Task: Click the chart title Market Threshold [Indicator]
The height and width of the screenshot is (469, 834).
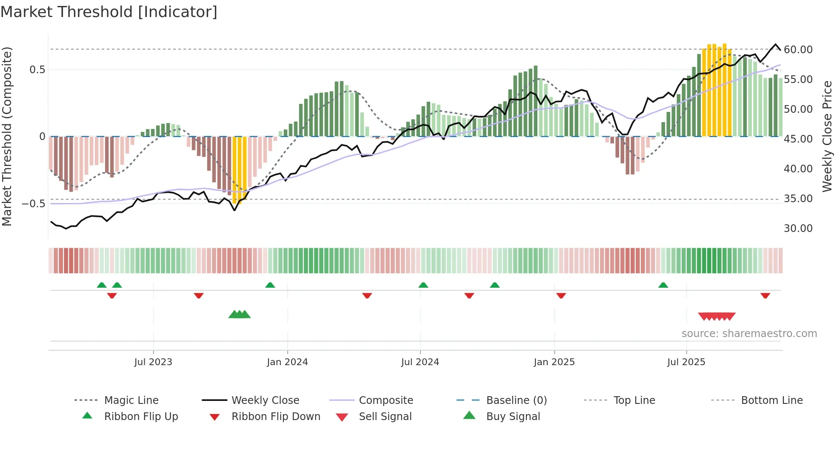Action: [x=109, y=12]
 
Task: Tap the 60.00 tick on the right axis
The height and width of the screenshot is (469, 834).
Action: [x=798, y=50]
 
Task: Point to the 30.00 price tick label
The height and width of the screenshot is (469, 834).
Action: [x=798, y=229]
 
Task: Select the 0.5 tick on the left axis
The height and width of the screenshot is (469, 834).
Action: [x=37, y=70]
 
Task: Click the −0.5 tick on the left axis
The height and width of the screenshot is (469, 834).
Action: [x=34, y=204]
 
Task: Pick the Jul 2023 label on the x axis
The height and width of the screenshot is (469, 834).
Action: [x=153, y=362]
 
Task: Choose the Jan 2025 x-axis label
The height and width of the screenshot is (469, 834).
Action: [x=554, y=362]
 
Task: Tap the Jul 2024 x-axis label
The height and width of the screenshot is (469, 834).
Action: [x=420, y=362]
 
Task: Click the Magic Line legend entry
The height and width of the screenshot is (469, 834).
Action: [x=131, y=400]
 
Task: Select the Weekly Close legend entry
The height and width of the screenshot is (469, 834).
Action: [x=265, y=400]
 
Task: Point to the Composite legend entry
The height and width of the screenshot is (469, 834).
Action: [x=386, y=400]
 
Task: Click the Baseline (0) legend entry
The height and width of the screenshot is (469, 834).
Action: [x=516, y=400]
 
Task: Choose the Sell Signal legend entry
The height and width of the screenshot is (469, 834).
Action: [x=385, y=417]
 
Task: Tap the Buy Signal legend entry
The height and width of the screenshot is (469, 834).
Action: [x=513, y=417]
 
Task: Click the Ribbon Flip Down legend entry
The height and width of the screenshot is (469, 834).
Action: [x=275, y=417]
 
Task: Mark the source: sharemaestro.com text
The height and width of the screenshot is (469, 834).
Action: [x=749, y=334]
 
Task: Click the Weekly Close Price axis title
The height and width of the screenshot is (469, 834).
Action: [x=827, y=136]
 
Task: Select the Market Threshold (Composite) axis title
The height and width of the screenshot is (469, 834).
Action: [x=7, y=136]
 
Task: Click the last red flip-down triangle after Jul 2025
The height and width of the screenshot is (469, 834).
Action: [x=765, y=295]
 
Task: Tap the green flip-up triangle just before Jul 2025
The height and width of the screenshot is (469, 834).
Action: [x=663, y=285]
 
